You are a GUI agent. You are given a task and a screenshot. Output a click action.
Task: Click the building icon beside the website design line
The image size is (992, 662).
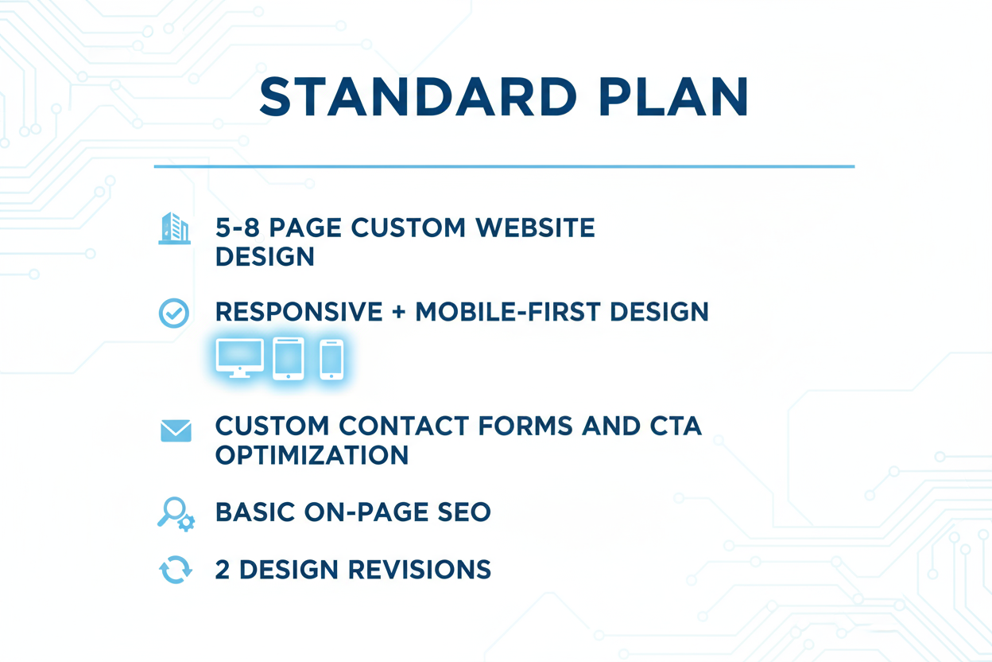tap(175, 228)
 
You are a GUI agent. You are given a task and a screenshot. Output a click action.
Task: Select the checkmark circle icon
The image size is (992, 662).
tap(174, 313)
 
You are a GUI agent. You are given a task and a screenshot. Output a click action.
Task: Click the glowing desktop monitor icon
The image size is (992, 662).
tap(240, 358)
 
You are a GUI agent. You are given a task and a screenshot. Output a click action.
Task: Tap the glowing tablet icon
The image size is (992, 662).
tap(289, 358)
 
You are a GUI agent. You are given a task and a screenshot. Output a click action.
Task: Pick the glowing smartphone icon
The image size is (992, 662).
tap(331, 359)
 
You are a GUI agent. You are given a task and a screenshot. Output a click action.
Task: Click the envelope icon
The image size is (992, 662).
tap(176, 430)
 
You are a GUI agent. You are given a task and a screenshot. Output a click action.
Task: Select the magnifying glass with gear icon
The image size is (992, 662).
tap(176, 513)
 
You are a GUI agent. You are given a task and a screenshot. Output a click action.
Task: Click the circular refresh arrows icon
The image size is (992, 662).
tap(175, 570)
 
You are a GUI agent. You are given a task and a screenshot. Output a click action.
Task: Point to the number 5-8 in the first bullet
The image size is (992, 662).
tap(238, 228)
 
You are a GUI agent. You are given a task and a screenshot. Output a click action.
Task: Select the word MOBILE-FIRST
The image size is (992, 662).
tap(509, 312)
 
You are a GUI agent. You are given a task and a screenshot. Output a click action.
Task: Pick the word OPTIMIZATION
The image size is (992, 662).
tap(312, 455)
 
